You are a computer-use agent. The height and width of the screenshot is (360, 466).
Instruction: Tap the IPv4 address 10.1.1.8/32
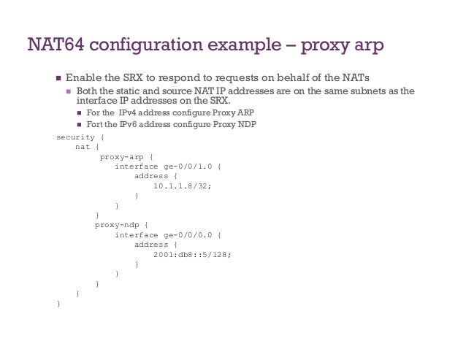[x=183, y=186]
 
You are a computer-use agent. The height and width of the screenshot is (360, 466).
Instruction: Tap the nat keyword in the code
[x=82, y=147]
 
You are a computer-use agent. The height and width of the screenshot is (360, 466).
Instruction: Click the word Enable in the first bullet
[x=82, y=78]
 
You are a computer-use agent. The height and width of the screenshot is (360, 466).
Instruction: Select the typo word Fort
[x=94, y=123]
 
